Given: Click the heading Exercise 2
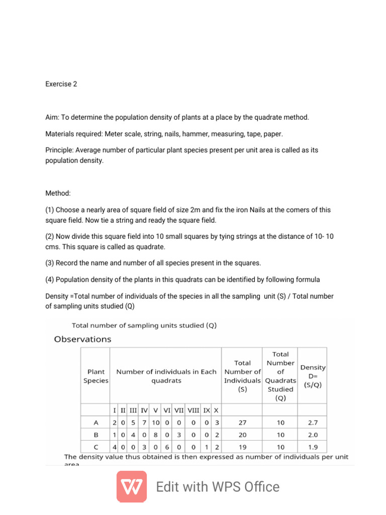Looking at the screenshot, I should [61, 84].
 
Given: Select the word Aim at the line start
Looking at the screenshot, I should [52, 117].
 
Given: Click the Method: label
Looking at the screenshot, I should [58, 193].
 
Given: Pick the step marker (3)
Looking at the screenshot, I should [50, 263].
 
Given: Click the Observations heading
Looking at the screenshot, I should [82, 339].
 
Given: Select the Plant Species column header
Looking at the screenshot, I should [95, 376].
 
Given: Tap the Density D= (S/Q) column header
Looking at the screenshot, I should [312, 376].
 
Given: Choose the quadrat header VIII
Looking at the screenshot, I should [194, 410].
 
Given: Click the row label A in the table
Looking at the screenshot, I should [95, 423].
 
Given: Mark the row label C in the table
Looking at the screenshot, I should [95, 447].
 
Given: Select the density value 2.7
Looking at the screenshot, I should [313, 423].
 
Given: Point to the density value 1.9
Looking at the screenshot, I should [313, 447].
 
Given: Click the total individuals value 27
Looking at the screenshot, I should [242, 423].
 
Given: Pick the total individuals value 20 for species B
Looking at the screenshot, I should [242, 435].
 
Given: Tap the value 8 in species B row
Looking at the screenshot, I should [156, 435].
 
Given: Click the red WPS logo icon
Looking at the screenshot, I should [132, 486].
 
